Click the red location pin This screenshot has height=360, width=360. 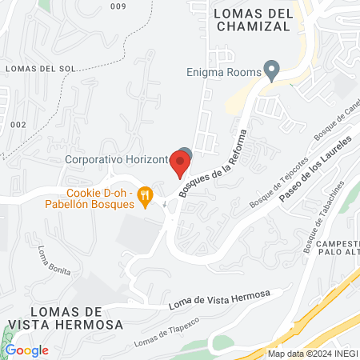coord(180,162)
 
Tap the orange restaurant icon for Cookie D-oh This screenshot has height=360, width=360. coord(145,195)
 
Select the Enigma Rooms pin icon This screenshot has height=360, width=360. coord(273,70)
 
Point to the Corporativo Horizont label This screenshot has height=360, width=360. coord(117,159)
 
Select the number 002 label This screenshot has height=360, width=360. coord(18,125)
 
